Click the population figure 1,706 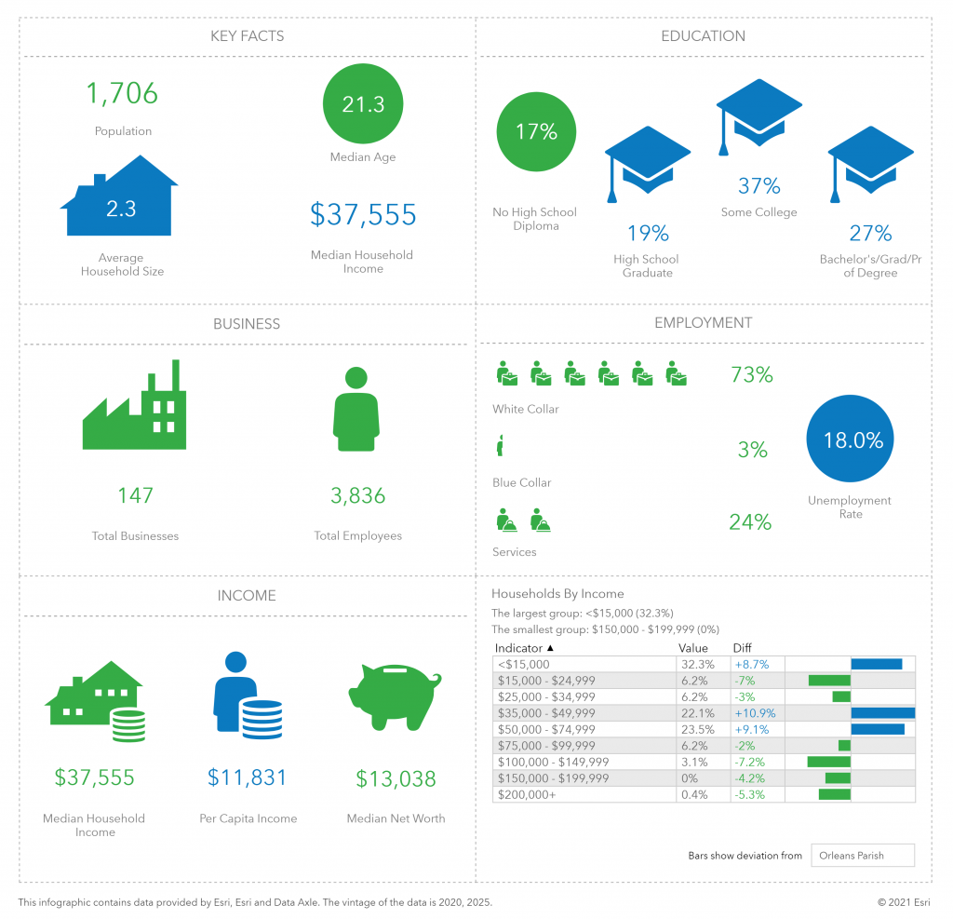[x=123, y=94]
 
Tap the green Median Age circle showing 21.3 [x=363, y=104]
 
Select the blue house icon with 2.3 [x=120, y=197]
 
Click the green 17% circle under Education [x=536, y=132]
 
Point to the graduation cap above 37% [x=758, y=114]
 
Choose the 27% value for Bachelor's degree [x=870, y=233]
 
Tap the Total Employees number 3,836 [x=358, y=496]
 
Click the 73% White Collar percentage [x=751, y=375]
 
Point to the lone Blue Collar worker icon [x=500, y=446]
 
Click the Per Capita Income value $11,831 [x=248, y=777]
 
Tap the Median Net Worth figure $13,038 [x=396, y=778]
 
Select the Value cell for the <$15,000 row [x=697, y=665]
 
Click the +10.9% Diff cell [x=755, y=713]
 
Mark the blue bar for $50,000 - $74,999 [x=877, y=729]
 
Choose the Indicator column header [x=525, y=648]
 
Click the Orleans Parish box [x=862, y=856]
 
